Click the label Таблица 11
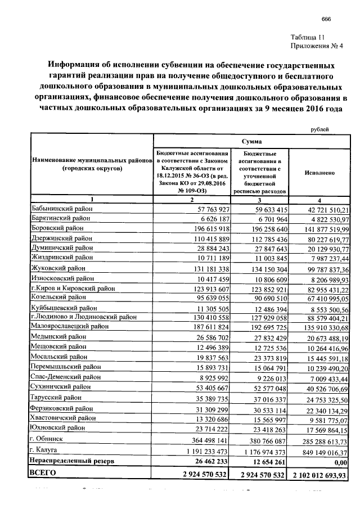pyautogui.click(x=310, y=37)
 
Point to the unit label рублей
pyautogui.click(x=321, y=130)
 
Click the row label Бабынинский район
pyautogui.click(x=61, y=209)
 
